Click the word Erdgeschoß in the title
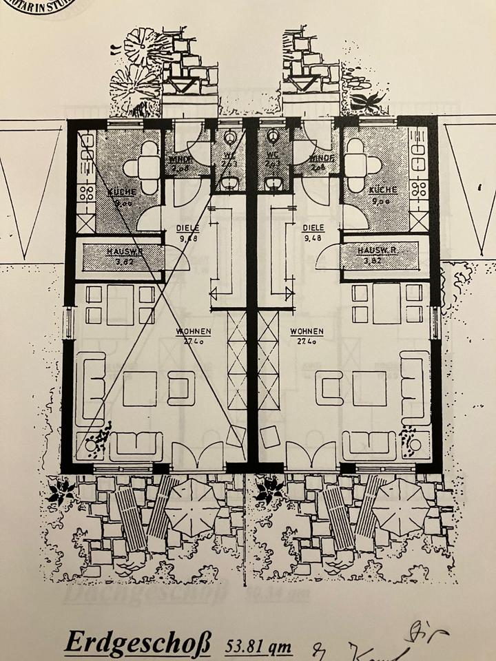coord(138,642)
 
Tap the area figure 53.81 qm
coord(258,647)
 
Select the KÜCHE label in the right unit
coord(382,189)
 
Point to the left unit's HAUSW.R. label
coord(125,252)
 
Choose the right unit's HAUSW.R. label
coord(378,251)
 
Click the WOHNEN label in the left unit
coord(193,331)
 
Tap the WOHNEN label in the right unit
coord(307,331)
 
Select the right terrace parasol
coord(400,505)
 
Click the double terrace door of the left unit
coord(197,457)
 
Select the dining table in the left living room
coord(120,304)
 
